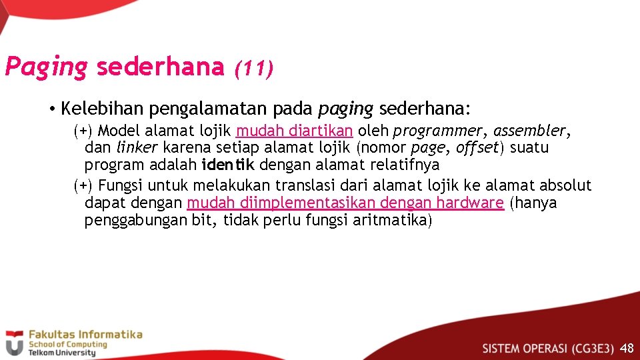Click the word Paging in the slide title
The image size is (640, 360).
click(46, 67)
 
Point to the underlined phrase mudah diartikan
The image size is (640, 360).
click(295, 130)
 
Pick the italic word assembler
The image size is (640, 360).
click(531, 130)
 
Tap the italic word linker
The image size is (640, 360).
click(137, 147)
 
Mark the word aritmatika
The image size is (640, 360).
click(390, 220)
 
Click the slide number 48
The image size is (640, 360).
click(627, 348)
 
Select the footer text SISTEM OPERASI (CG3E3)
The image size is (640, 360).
click(548, 348)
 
